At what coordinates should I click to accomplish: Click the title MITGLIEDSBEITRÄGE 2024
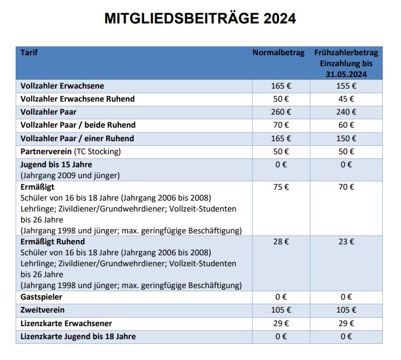click(x=200, y=19)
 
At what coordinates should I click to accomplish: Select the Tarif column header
click(x=29, y=53)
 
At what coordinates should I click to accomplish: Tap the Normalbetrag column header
click(x=279, y=53)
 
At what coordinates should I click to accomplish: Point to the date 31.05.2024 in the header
click(x=346, y=75)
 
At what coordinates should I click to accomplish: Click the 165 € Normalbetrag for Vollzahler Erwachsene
click(x=281, y=86)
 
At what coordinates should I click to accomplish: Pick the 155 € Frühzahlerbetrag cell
click(x=346, y=86)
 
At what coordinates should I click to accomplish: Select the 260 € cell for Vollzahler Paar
click(x=281, y=112)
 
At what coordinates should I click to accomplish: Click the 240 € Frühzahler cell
click(x=346, y=112)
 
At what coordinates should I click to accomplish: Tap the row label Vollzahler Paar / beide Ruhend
click(x=78, y=125)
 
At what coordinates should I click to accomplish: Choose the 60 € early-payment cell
click(x=346, y=125)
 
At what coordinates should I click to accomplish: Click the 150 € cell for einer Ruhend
click(x=346, y=139)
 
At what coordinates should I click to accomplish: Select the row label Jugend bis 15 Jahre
click(x=56, y=165)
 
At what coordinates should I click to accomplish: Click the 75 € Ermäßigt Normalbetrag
click(x=281, y=187)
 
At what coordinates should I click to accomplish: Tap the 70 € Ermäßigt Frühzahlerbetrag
click(x=346, y=187)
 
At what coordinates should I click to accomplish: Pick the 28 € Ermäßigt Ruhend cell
click(x=281, y=242)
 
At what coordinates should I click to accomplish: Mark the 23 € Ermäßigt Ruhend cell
click(x=346, y=242)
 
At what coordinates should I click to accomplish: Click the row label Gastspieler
click(x=42, y=297)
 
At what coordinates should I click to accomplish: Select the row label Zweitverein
click(x=42, y=310)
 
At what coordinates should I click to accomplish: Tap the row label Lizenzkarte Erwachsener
click(x=66, y=324)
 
